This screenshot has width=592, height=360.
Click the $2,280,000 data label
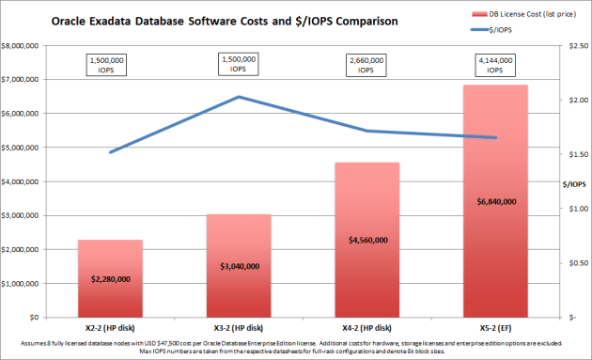pyautogui.click(x=110, y=279)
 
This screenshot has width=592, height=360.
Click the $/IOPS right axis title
pyautogui.click(x=569, y=183)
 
